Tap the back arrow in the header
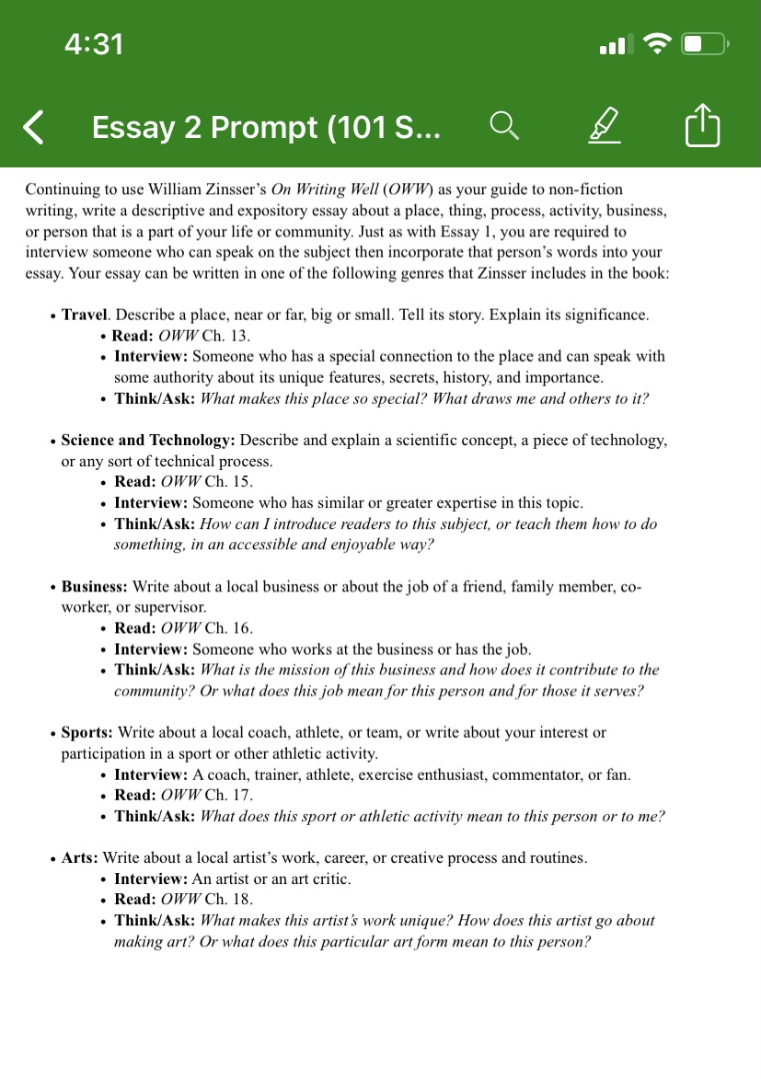coord(33,127)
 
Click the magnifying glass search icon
coord(503,126)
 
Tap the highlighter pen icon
coord(604,126)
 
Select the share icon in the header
coord(703,126)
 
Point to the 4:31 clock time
coord(94,43)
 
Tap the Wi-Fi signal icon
coord(657,43)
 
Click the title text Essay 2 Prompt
coord(266,127)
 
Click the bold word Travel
coord(85,315)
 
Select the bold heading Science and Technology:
coord(148,440)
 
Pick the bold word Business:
coord(95,586)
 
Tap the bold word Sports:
coord(87,732)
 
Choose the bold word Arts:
coord(80,857)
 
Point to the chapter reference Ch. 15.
coord(229,481)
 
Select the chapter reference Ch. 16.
coord(229,627)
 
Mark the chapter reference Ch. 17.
coord(229,795)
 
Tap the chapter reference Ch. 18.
coord(229,899)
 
